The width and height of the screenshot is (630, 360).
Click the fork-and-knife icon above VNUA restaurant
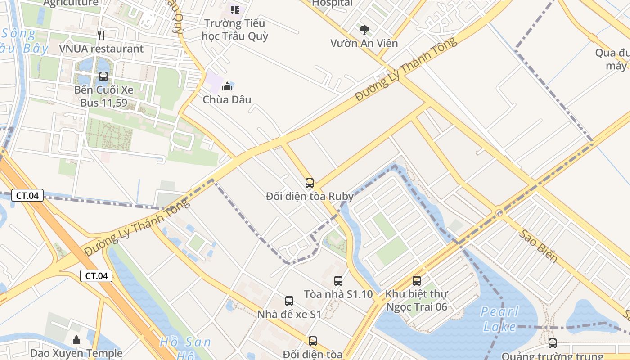point(101,36)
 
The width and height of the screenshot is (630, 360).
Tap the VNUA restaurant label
point(101,49)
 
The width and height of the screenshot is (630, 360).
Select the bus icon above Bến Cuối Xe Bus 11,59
point(103,76)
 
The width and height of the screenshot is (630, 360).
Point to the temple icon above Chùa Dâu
point(228,86)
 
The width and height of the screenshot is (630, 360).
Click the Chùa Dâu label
point(227,99)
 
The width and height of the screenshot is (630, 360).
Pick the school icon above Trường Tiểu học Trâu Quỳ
point(234,9)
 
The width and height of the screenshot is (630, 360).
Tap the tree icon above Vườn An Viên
point(364,30)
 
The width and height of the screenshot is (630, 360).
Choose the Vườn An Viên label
point(364,43)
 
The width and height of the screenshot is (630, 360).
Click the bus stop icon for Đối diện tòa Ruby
point(310,183)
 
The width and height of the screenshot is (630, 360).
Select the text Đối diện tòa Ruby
point(310,196)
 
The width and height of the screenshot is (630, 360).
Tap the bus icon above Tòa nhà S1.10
point(338,281)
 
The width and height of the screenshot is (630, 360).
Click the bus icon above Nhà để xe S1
point(289,301)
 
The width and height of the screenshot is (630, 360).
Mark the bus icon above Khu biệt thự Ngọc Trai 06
point(417,281)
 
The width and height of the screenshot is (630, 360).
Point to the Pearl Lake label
point(499,319)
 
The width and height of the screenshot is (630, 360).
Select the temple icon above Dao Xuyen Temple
point(76,340)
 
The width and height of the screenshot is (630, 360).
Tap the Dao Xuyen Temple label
point(76,353)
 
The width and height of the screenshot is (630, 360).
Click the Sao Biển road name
point(538,246)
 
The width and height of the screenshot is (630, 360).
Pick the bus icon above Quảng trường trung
point(553,343)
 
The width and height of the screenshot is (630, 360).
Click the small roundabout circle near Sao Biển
point(499,213)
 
